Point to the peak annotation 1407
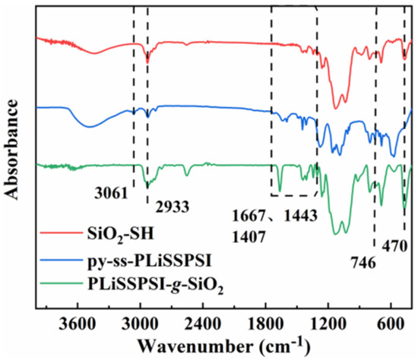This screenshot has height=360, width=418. [251, 235]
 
